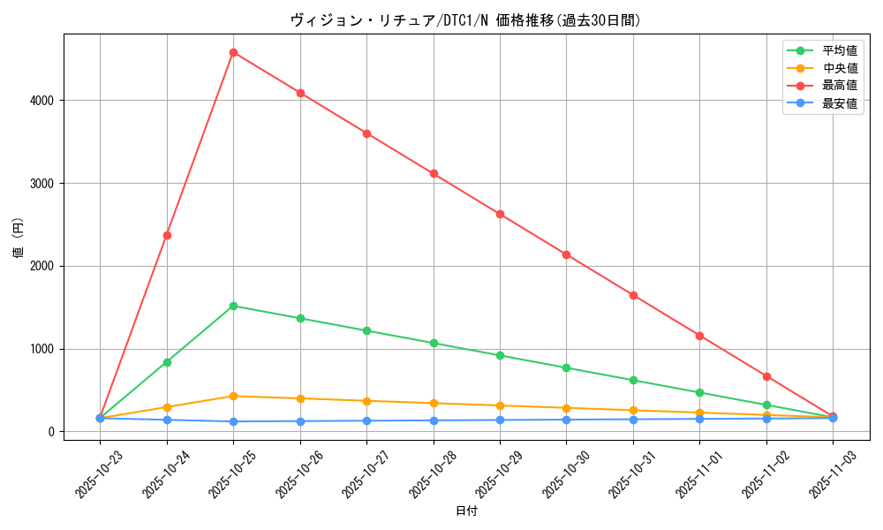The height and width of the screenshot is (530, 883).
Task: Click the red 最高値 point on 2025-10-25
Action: tap(233, 52)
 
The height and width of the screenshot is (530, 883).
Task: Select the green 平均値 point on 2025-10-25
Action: tap(233, 306)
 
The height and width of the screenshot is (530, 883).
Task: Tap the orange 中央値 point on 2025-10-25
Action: tap(233, 396)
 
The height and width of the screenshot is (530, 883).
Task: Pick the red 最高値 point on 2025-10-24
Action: tap(167, 235)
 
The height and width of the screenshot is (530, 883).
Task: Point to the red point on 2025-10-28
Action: tap(434, 173)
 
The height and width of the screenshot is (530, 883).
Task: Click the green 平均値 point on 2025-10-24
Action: tap(167, 362)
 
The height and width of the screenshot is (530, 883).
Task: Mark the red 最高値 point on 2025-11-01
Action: tap(699, 336)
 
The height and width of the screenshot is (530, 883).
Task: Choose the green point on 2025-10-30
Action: tap(566, 367)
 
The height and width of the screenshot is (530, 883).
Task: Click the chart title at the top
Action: tap(465, 19)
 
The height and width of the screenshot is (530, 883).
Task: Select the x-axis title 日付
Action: tap(465, 511)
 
